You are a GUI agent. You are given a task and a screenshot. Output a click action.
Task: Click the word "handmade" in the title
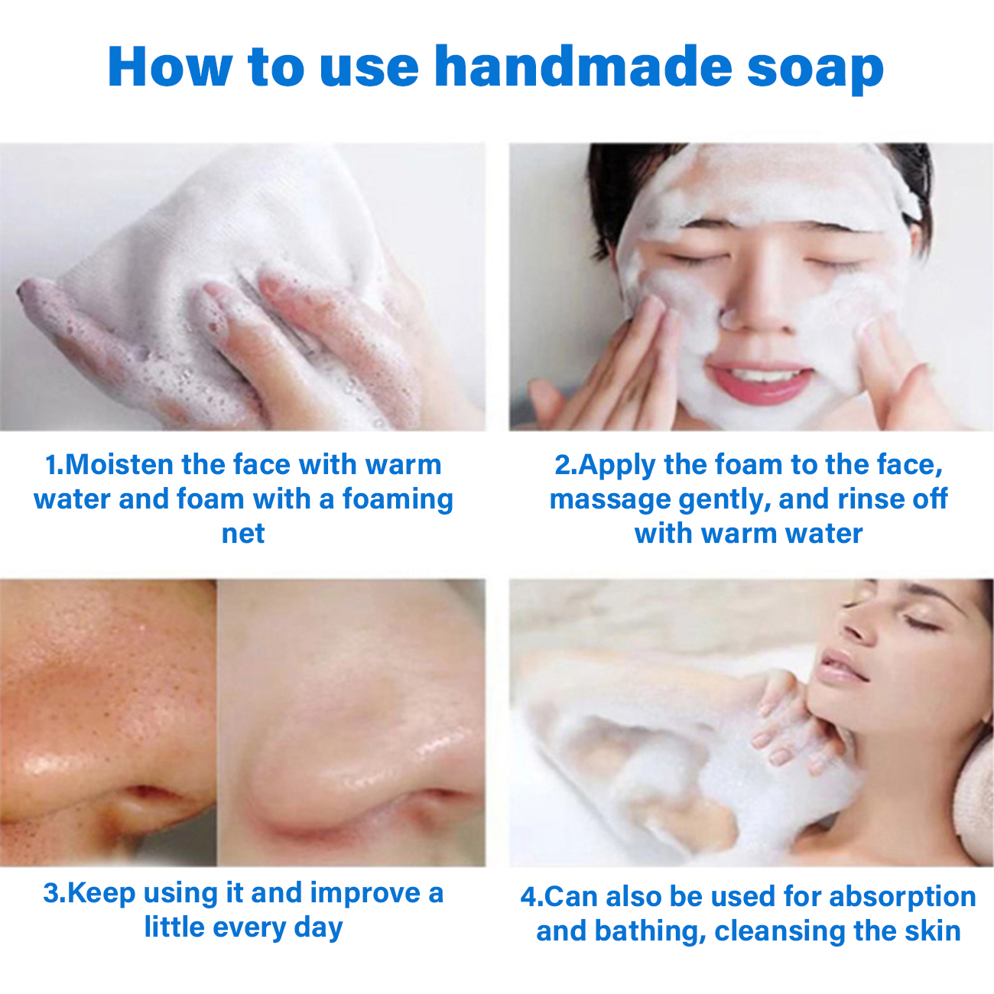click(x=583, y=67)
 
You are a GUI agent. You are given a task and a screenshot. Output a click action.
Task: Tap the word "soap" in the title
click(x=815, y=71)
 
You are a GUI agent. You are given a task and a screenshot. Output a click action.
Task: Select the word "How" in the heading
click(x=170, y=67)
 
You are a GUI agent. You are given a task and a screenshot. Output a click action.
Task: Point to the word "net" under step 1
click(x=243, y=534)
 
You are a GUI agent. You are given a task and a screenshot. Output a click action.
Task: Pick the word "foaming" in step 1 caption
click(x=398, y=500)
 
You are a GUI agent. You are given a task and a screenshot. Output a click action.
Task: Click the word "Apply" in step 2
click(x=617, y=466)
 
